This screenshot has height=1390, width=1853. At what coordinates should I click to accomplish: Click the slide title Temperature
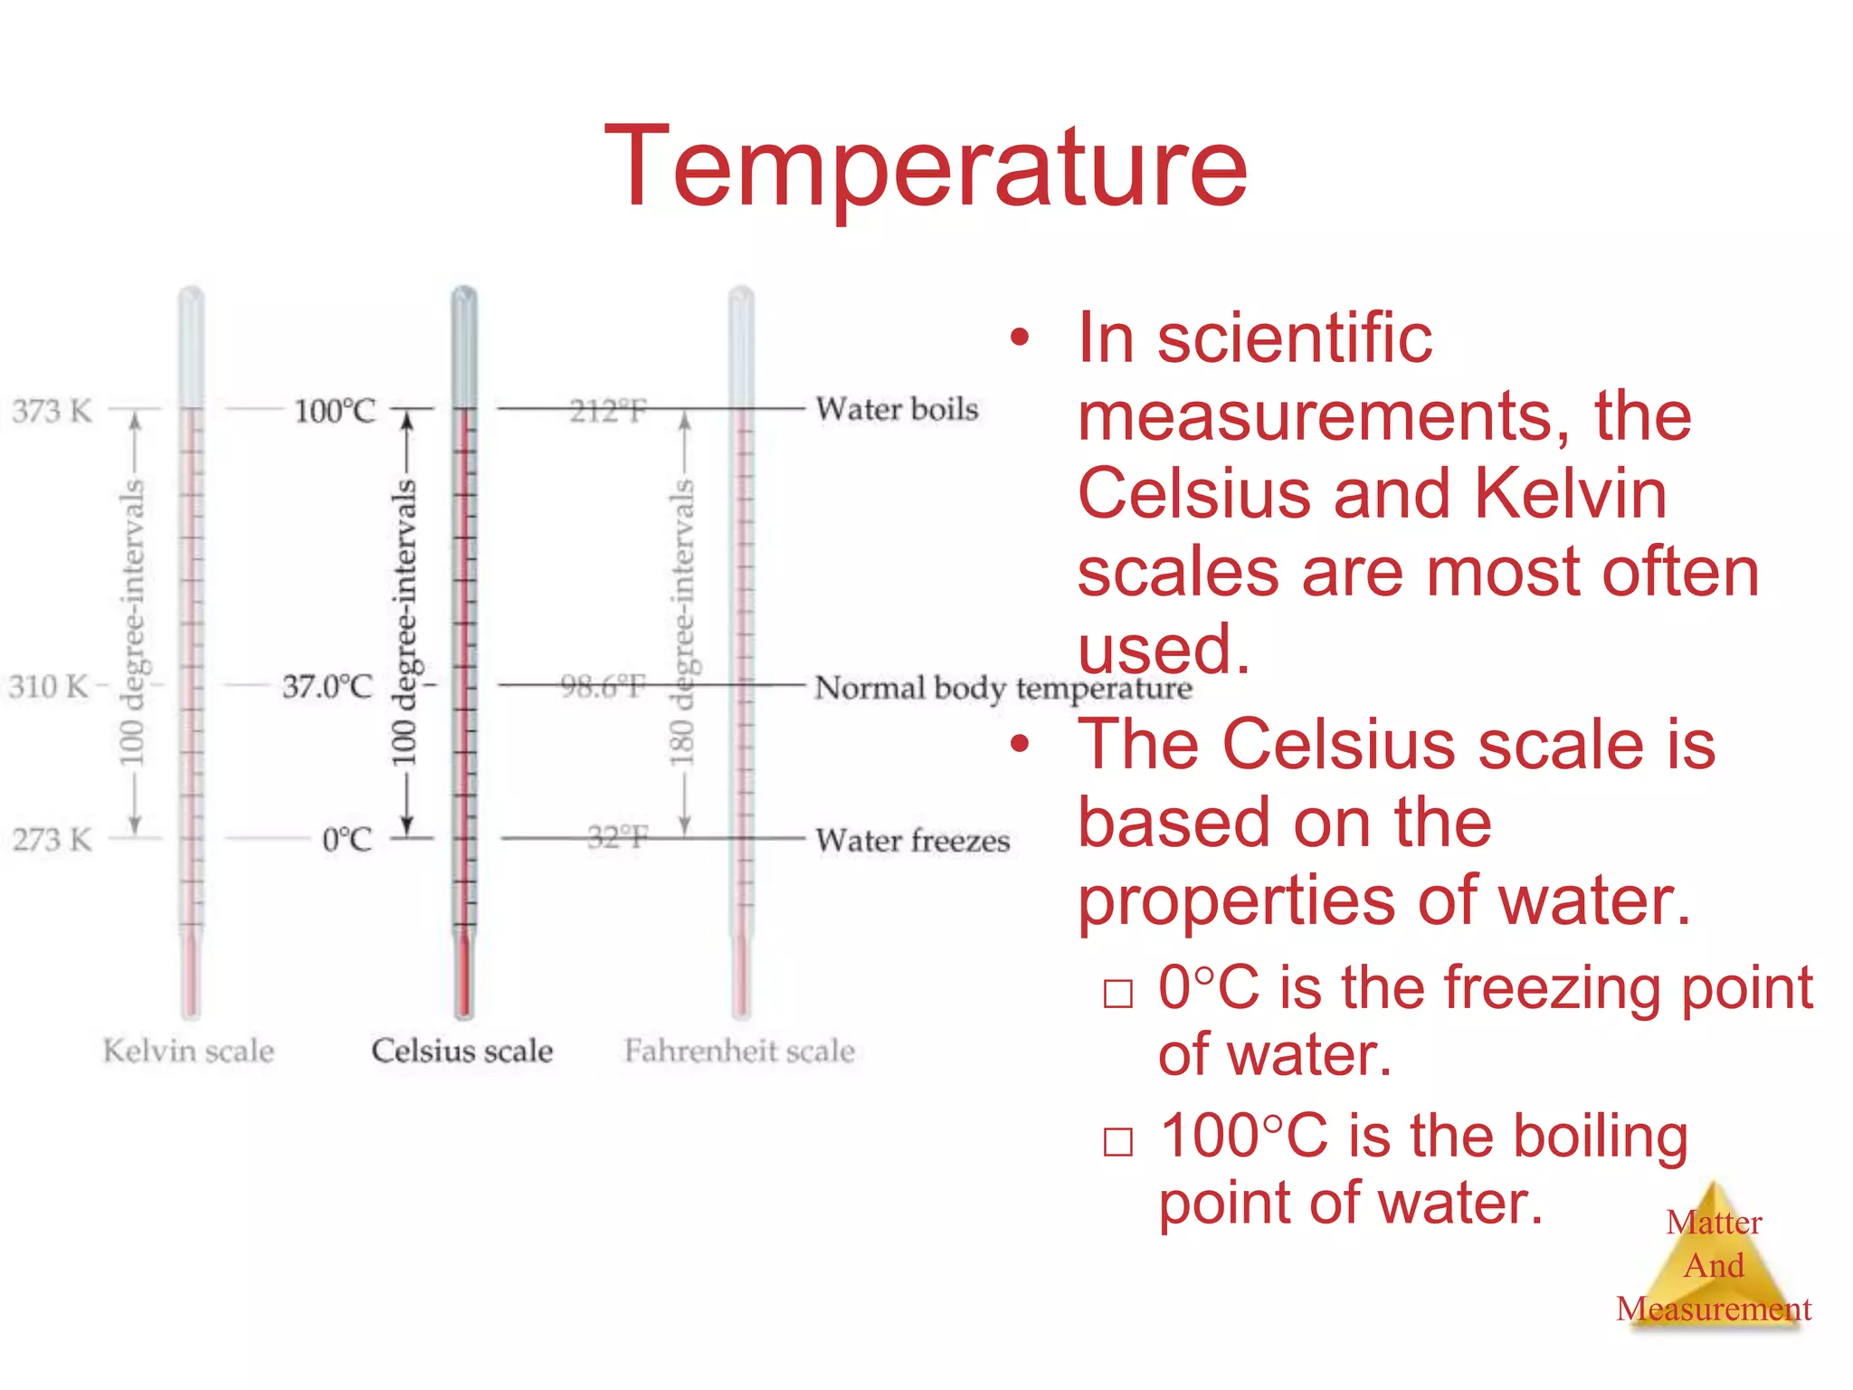[926, 167]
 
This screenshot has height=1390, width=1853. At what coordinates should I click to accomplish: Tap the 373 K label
[52, 411]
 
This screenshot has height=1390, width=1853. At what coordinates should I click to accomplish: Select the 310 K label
[49, 687]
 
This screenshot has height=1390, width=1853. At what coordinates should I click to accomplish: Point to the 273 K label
[52, 840]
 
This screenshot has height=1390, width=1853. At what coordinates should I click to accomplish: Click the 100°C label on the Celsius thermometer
[335, 411]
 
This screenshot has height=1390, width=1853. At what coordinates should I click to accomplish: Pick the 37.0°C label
[328, 687]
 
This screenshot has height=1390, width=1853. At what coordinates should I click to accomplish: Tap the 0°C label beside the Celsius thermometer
[347, 840]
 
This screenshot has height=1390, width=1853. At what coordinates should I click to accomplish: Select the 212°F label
[608, 412]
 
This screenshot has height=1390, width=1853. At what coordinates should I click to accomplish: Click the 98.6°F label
[603, 687]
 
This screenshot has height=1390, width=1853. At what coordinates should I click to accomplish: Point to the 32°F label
[617, 838]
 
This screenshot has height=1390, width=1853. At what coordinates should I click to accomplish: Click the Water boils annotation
[897, 409]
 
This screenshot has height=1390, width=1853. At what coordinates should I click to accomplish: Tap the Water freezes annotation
[912, 841]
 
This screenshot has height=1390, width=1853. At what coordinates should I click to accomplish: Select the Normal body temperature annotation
[1003, 689]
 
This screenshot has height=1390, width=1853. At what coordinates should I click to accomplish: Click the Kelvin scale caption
[188, 1051]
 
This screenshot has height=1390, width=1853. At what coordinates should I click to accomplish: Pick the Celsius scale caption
[461, 1051]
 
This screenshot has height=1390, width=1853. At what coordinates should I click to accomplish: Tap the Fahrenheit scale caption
[739, 1051]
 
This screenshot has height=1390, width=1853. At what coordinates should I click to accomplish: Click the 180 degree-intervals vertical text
[683, 623]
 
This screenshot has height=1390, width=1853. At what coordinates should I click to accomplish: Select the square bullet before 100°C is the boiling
[1118, 1142]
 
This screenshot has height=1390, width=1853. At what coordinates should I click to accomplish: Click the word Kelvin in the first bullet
[1571, 494]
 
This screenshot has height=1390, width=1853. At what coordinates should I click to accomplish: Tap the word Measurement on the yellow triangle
[1714, 1309]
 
